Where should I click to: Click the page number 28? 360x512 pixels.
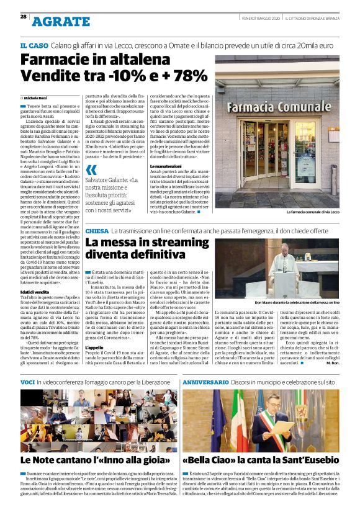pyautogui.click(x=23, y=17)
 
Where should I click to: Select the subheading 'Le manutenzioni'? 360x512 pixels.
pyautogui.click(x=166, y=167)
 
